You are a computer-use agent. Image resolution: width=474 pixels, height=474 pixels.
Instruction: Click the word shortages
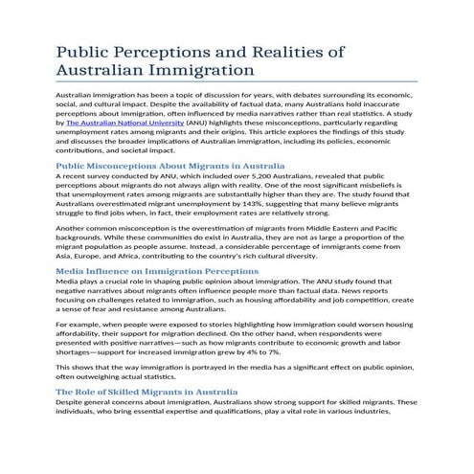tap(78, 352)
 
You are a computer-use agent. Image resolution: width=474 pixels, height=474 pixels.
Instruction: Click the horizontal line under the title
tap(237, 81)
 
